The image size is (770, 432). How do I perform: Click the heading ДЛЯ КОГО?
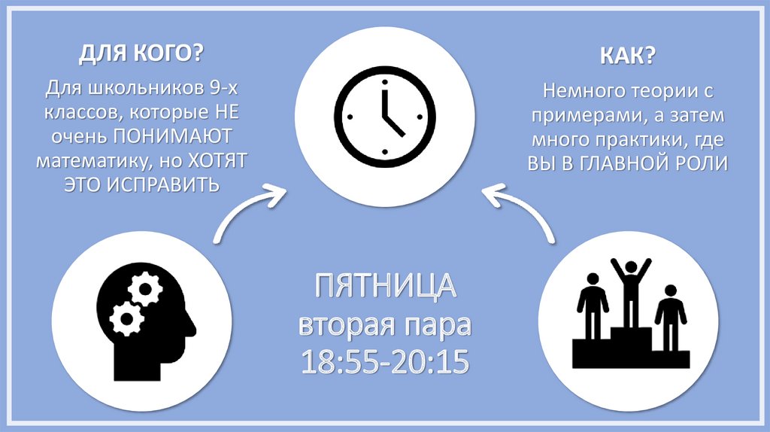(x=141, y=55)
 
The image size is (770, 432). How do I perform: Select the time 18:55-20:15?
(x=386, y=362)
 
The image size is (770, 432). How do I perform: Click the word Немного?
(x=577, y=93)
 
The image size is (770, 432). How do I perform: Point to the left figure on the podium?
(x=593, y=304)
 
